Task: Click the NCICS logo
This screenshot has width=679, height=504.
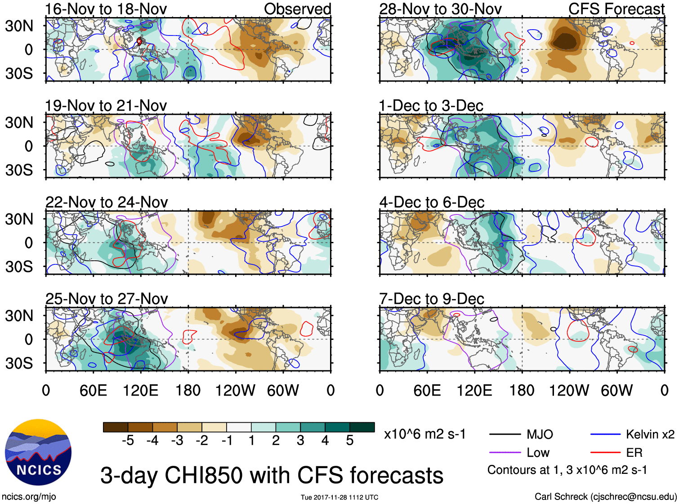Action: (38, 452)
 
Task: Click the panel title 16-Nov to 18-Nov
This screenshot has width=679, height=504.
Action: (106, 9)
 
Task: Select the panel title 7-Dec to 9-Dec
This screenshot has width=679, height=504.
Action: (432, 299)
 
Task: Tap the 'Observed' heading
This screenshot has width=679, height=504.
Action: (297, 9)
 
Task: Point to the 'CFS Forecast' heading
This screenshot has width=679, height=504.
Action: (616, 9)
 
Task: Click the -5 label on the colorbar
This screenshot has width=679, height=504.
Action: (128, 441)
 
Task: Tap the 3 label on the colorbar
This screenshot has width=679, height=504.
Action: (300, 441)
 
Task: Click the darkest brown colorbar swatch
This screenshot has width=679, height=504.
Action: (116, 427)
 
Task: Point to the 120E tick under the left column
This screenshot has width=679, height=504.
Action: (141, 390)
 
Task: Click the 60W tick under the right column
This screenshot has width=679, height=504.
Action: (616, 390)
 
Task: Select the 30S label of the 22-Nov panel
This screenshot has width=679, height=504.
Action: (19, 267)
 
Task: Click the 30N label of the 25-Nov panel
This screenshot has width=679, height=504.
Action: (19, 316)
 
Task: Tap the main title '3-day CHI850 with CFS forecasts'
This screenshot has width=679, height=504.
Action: (272, 475)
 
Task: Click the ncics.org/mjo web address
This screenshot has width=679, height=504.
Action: (29, 497)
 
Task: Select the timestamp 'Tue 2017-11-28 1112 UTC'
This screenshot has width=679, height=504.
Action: (339, 497)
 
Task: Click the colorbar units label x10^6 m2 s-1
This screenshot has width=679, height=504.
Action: (424, 434)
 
